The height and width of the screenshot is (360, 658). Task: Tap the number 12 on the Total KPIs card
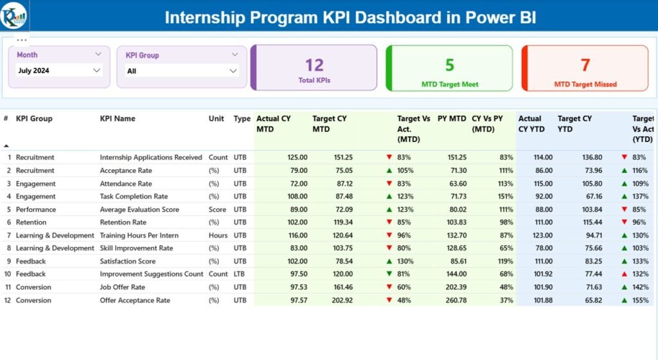[x=314, y=65]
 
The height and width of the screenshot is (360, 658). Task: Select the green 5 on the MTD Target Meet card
[x=450, y=65]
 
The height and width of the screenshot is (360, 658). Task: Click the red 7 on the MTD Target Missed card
[x=585, y=65]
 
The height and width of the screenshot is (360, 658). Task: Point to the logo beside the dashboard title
[x=14, y=15]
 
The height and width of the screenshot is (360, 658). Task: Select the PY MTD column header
[x=452, y=119]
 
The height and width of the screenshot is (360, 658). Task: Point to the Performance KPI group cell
[x=36, y=210]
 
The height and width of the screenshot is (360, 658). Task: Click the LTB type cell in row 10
[x=240, y=274]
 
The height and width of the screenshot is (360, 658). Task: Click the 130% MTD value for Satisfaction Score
[x=404, y=262]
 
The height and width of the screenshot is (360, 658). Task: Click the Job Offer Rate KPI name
[x=122, y=287]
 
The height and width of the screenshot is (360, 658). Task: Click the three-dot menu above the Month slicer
[x=21, y=40]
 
